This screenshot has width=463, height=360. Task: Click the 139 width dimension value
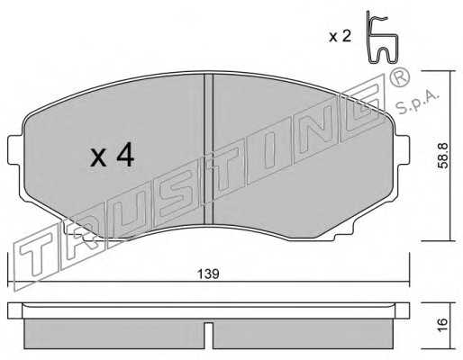tap(208, 274)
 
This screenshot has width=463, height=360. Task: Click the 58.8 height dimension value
tap(444, 156)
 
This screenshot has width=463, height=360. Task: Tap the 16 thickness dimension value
tap(443, 324)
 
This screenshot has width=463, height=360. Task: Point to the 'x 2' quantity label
tap(340, 36)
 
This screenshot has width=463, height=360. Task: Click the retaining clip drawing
tap(381, 38)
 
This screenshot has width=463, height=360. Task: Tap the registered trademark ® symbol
tap(399, 76)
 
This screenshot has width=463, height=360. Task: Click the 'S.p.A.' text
tap(417, 103)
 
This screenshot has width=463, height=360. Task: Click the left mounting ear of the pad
tap(15, 150)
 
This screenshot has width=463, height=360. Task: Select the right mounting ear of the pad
tap(402, 150)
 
